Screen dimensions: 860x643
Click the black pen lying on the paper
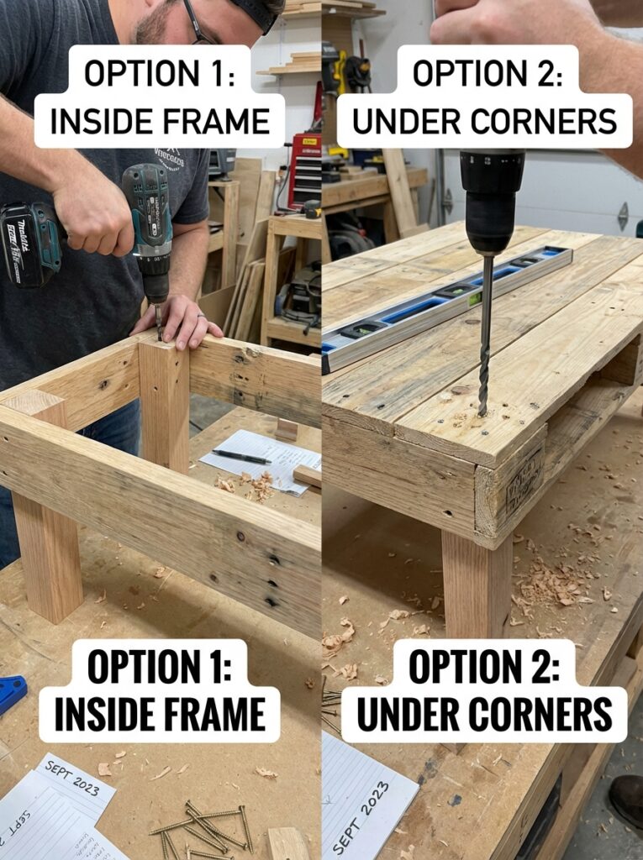pos(241,456)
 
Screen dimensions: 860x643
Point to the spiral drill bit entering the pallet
pos(486,336)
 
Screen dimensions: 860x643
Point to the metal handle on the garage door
pos(623,216)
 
